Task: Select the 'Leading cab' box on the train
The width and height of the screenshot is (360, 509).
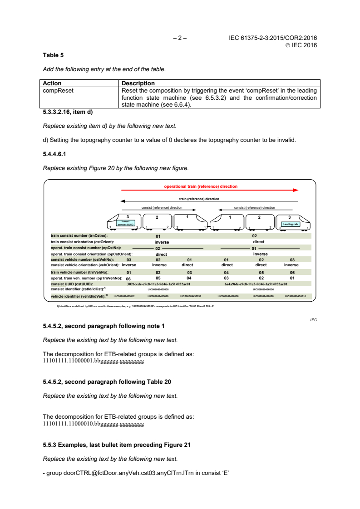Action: (290, 224)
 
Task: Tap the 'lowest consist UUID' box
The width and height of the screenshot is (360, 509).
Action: (126, 223)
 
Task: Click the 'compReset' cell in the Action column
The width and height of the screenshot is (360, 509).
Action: (58, 91)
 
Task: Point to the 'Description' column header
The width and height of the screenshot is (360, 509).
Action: (138, 83)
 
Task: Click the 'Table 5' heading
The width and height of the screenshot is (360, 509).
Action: (53, 55)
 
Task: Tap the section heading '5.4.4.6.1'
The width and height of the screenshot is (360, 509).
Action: (54, 154)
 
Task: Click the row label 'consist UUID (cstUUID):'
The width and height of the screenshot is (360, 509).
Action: (72, 284)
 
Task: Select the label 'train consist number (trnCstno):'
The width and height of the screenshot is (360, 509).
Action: (79, 236)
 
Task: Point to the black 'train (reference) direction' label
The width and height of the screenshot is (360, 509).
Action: (199, 199)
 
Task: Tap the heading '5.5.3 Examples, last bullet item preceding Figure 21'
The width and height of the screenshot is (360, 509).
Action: (117, 445)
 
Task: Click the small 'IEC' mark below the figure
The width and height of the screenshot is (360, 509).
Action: (313, 320)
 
